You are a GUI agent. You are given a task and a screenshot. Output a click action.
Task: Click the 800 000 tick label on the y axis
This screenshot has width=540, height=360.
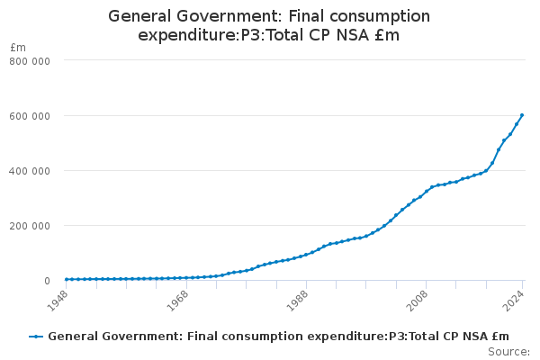[31, 60]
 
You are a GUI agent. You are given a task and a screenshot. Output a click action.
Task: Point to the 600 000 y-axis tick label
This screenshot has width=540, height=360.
[31, 115]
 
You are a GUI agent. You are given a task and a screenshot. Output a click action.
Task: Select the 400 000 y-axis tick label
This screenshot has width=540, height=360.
[31, 171]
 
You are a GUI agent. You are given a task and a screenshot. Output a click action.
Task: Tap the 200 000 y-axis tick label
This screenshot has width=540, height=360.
[31, 226]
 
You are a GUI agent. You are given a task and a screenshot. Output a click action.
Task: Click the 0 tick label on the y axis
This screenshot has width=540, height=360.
[45, 281]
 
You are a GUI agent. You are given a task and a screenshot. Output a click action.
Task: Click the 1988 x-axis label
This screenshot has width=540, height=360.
[295, 300]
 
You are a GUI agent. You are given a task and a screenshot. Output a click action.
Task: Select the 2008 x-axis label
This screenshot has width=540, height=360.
[415, 300]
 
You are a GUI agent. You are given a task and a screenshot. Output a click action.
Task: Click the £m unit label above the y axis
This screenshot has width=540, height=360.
[18, 47]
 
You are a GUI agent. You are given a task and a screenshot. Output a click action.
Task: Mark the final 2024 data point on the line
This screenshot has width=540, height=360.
[522, 115]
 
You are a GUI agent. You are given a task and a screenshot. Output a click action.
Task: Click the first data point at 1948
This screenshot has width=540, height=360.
[66, 280]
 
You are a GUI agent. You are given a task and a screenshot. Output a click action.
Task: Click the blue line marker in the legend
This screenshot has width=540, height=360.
[36, 337]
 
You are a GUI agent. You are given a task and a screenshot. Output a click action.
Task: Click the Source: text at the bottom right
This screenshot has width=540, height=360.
[508, 351]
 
